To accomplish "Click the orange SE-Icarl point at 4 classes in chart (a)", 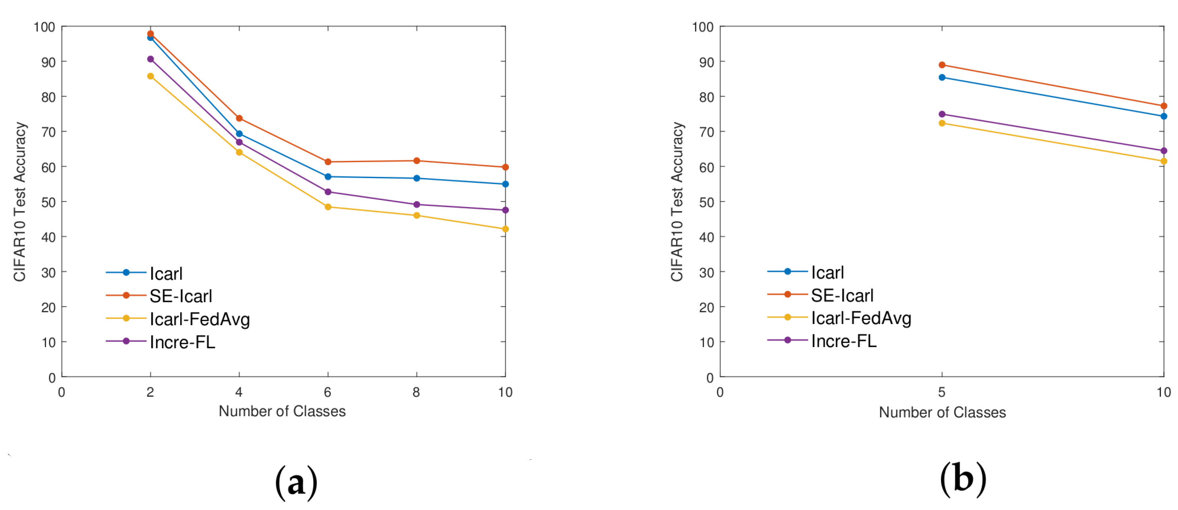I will point(239,118).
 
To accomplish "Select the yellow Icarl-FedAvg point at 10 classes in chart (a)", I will point(505,229).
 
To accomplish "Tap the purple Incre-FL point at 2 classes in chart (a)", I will point(150,59).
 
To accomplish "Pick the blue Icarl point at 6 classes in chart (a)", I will point(327,177).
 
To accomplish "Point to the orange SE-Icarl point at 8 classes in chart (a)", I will point(416,161).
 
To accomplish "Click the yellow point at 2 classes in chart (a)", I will point(150,76).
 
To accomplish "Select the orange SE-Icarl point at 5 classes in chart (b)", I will point(942,65).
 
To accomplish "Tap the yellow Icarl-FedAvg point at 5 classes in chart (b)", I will point(942,123).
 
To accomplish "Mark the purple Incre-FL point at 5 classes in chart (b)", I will point(942,114).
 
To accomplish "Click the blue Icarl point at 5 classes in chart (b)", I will point(942,78).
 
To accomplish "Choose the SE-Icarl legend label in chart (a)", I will point(181,296).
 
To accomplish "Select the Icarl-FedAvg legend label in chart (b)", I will point(861,318).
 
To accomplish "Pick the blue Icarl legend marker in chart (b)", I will point(787,271).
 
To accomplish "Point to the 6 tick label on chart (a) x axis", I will point(327,392).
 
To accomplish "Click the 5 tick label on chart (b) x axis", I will point(942,392).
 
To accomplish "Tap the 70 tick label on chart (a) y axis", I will point(48,132).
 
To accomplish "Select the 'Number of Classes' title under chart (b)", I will point(942,412).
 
